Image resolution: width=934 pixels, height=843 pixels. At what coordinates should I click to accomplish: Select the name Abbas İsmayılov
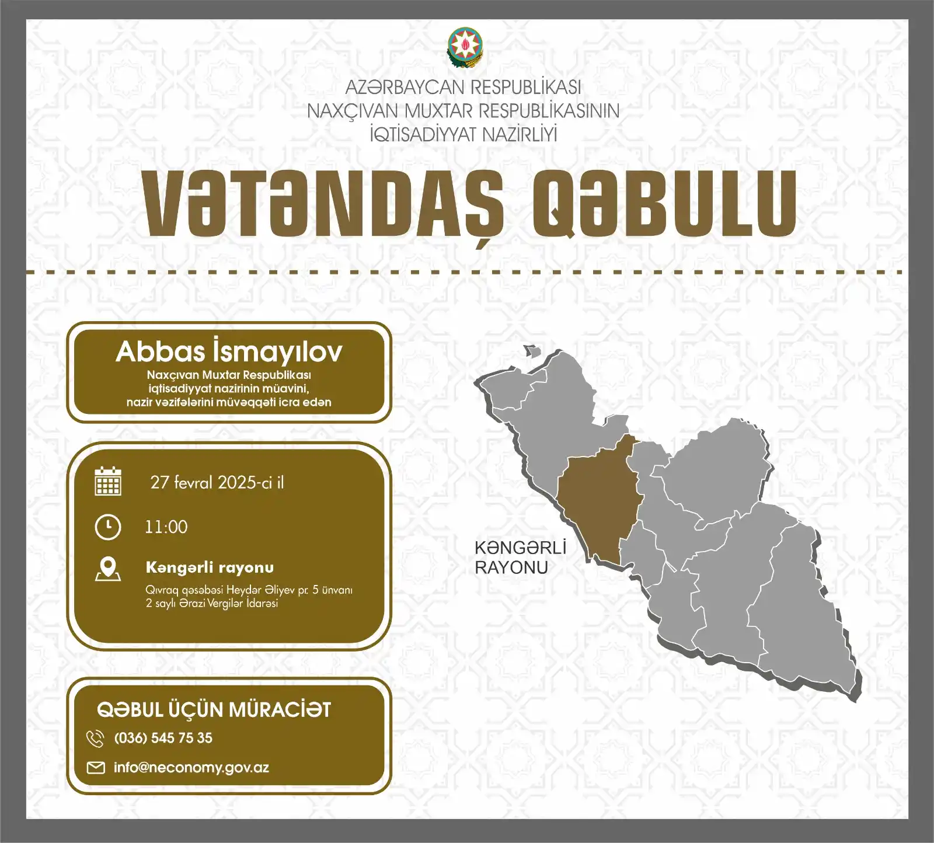click(x=229, y=351)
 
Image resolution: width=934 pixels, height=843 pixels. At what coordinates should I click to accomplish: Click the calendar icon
click(x=108, y=481)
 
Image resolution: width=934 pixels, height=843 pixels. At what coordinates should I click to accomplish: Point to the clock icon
click(x=108, y=527)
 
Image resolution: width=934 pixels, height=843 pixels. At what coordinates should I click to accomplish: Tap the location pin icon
click(x=108, y=569)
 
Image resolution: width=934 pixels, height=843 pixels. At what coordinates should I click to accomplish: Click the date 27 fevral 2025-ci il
click(x=217, y=482)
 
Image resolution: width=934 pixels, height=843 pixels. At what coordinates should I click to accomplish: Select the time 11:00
click(x=166, y=527)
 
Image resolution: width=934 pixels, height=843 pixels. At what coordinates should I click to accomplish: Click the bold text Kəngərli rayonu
click(x=210, y=567)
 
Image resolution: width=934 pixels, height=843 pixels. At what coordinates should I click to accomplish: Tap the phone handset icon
click(x=95, y=739)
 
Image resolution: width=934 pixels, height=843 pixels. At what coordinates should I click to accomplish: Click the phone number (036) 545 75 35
click(x=163, y=738)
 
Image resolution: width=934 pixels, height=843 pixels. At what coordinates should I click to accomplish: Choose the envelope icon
click(x=96, y=767)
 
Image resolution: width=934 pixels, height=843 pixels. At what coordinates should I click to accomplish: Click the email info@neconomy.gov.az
click(x=191, y=767)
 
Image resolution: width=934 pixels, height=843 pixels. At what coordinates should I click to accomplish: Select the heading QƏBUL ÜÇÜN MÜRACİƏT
click(x=214, y=710)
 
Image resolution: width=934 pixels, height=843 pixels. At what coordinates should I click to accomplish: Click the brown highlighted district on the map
click(x=598, y=502)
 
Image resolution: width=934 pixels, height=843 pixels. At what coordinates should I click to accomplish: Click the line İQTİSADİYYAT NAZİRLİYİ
click(x=463, y=134)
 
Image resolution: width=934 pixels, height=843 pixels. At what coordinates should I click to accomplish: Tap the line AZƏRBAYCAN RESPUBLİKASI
click(x=463, y=87)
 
